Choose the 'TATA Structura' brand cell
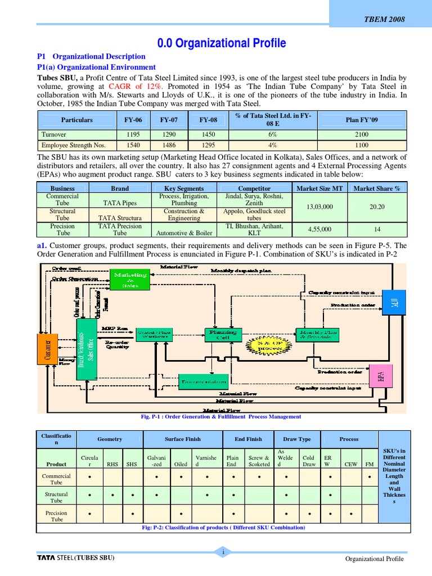(119, 218)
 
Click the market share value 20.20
(376, 207)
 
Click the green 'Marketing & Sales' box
(130, 280)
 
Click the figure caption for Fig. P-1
(220, 417)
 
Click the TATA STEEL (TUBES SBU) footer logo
(75, 558)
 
